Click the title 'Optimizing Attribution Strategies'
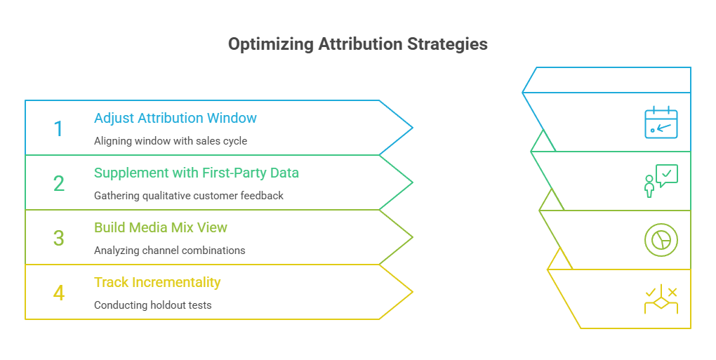(x=358, y=44)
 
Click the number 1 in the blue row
(x=58, y=129)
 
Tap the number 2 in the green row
(x=59, y=184)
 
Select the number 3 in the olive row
(x=59, y=239)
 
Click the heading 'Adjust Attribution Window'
(x=175, y=118)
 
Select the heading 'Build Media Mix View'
(x=161, y=227)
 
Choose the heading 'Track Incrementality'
(x=157, y=282)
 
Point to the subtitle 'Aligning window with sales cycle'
(x=171, y=141)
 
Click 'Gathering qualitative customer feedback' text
(x=189, y=196)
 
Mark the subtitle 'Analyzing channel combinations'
(x=170, y=251)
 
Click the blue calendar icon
(x=661, y=123)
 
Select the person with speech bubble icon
(x=661, y=180)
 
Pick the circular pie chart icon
(x=661, y=239)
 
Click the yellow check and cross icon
(x=661, y=298)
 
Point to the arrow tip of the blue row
(x=411, y=128)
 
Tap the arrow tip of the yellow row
(x=411, y=292)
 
